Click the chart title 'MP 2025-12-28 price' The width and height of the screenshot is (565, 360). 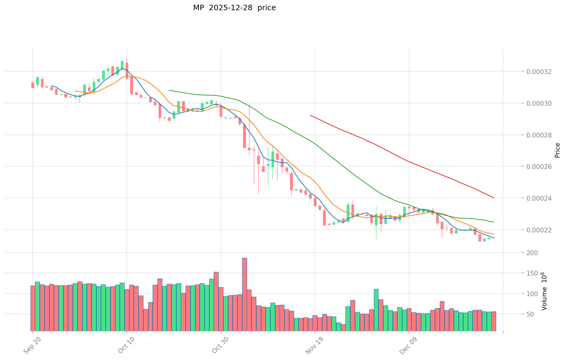[234, 8]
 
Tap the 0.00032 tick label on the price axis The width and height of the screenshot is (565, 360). [539, 72]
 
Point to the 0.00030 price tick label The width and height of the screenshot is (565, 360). [539, 103]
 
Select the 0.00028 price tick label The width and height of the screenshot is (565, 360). [539, 135]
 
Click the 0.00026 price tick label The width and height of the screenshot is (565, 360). [539, 167]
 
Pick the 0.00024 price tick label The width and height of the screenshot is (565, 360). [539, 198]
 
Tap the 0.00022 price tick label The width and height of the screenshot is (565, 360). [539, 230]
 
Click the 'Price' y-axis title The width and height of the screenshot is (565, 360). [557, 150]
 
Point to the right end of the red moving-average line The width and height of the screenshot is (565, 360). [494, 198]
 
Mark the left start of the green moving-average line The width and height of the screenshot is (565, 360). [169, 90]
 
